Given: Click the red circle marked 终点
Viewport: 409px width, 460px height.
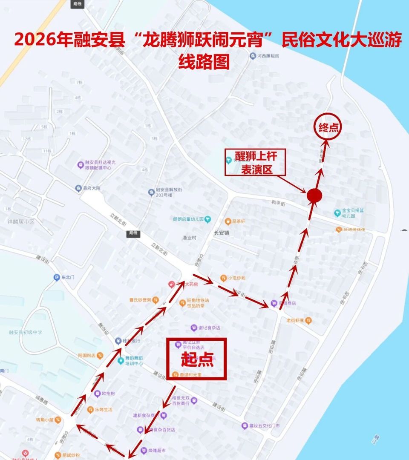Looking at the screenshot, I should pyautogui.click(x=328, y=127).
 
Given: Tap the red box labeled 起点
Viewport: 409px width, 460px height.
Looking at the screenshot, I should pyautogui.click(x=196, y=359).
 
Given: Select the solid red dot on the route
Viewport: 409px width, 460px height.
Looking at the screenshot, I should pyautogui.click(x=314, y=195).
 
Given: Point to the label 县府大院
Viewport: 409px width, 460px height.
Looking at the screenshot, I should pyautogui.click(x=91, y=188).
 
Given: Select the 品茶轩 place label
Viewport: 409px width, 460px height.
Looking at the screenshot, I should pyautogui.click(x=238, y=221).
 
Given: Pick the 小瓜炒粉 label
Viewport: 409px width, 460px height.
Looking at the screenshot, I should pyautogui.click(x=236, y=278).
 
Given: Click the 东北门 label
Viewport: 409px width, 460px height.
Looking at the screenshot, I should pyautogui.click(x=68, y=277).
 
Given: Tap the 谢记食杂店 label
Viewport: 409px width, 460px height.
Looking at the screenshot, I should pyautogui.click(x=208, y=328).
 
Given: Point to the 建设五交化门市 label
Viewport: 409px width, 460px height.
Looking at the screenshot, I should pyautogui.click(x=264, y=425).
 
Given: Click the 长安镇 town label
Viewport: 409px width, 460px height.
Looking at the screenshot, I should pyautogui.click(x=221, y=233).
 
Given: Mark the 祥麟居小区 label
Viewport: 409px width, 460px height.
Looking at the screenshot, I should pyautogui.click(x=20, y=221).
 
